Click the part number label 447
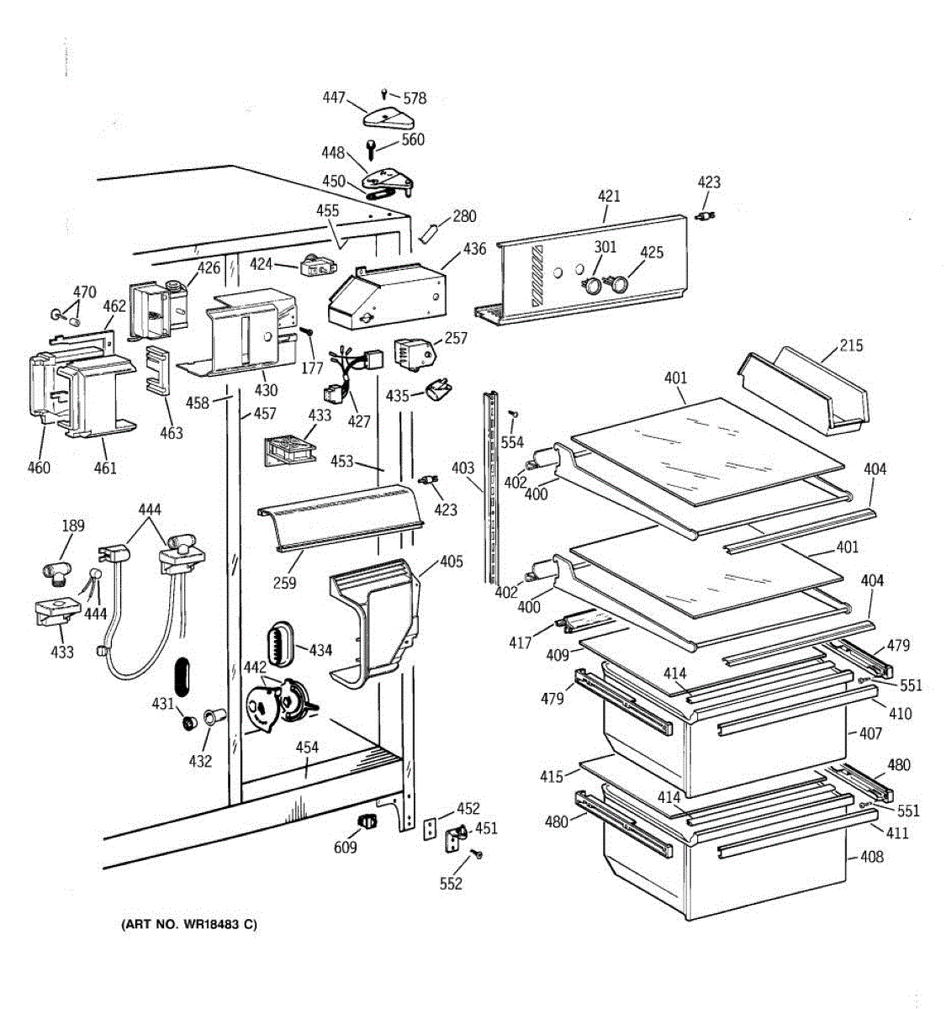click(334, 98)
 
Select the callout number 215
click(851, 346)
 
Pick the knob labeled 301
click(594, 284)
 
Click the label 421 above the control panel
click(609, 196)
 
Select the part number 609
click(346, 847)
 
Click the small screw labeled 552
click(478, 855)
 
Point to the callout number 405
click(451, 561)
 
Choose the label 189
click(73, 526)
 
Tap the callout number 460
click(39, 468)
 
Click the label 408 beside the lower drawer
click(872, 858)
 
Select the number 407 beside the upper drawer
click(870, 733)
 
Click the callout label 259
click(285, 581)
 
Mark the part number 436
click(474, 250)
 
